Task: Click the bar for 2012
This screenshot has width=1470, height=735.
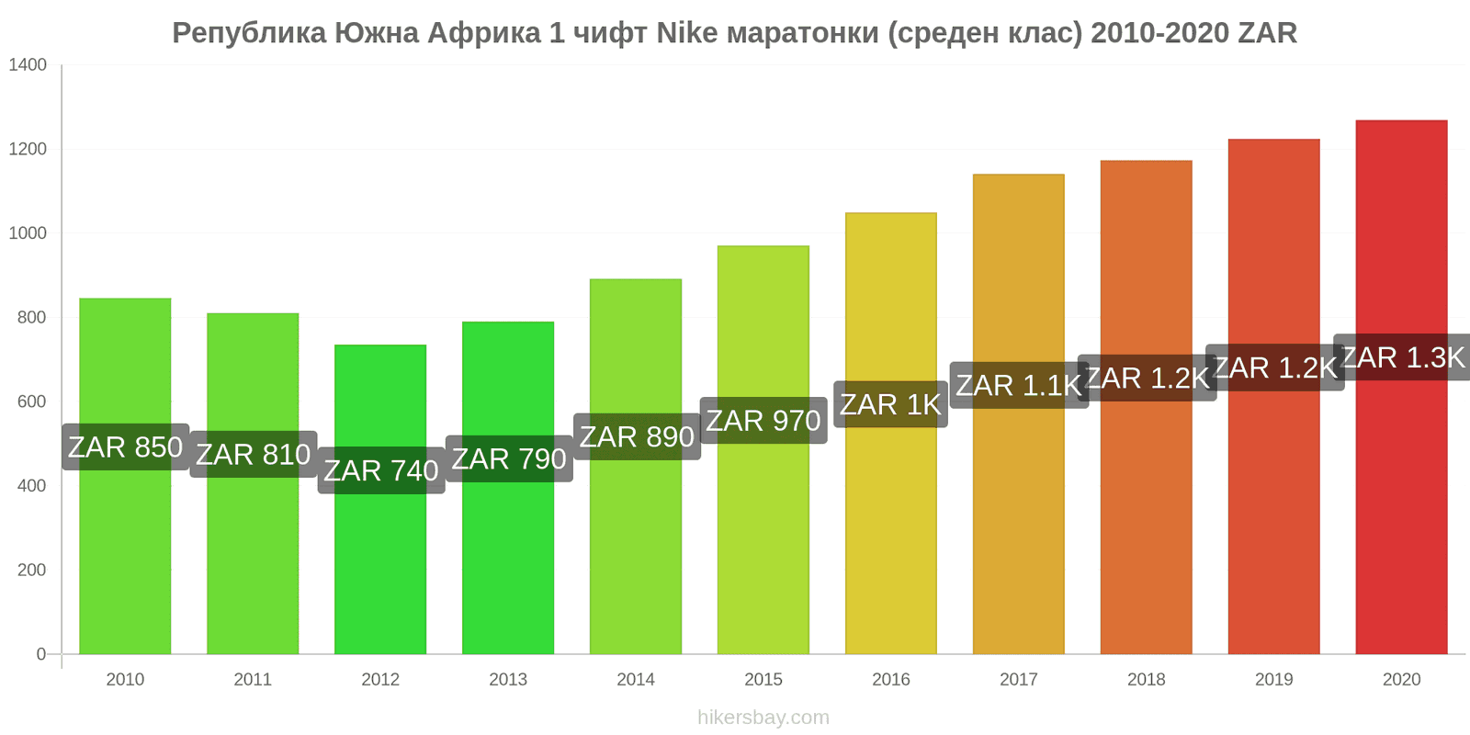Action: [x=380, y=570]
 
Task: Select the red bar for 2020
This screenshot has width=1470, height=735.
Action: [x=1401, y=514]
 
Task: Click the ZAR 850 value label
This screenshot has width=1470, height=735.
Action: [x=126, y=447]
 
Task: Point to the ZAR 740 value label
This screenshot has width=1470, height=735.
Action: [x=381, y=470]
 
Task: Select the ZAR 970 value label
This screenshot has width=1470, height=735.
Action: [x=763, y=421]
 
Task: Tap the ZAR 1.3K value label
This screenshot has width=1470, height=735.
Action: [x=1403, y=357]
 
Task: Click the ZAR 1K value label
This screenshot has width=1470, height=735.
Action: [x=890, y=404]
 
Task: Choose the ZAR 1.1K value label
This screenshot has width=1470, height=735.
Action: [x=1019, y=386]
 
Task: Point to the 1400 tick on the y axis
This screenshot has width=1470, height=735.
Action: [x=28, y=65]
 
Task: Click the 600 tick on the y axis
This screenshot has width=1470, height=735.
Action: [x=31, y=401]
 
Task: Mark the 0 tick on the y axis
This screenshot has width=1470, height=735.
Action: [x=40, y=654]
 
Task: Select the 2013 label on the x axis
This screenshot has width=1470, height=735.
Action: [x=508, y=680]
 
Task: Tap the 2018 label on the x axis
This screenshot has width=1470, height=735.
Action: [x=1147, y=680]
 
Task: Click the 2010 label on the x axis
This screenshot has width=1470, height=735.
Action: [x=125, y=680]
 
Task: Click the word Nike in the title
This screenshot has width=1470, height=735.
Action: [x=686, y=33]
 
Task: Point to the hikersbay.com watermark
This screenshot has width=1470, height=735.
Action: [x=763, y=718]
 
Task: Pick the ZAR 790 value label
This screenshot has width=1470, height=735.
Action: [x=509, y=458]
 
